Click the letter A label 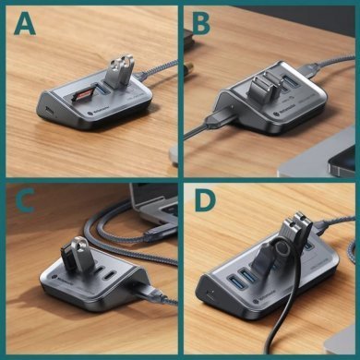tap(24, 25)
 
